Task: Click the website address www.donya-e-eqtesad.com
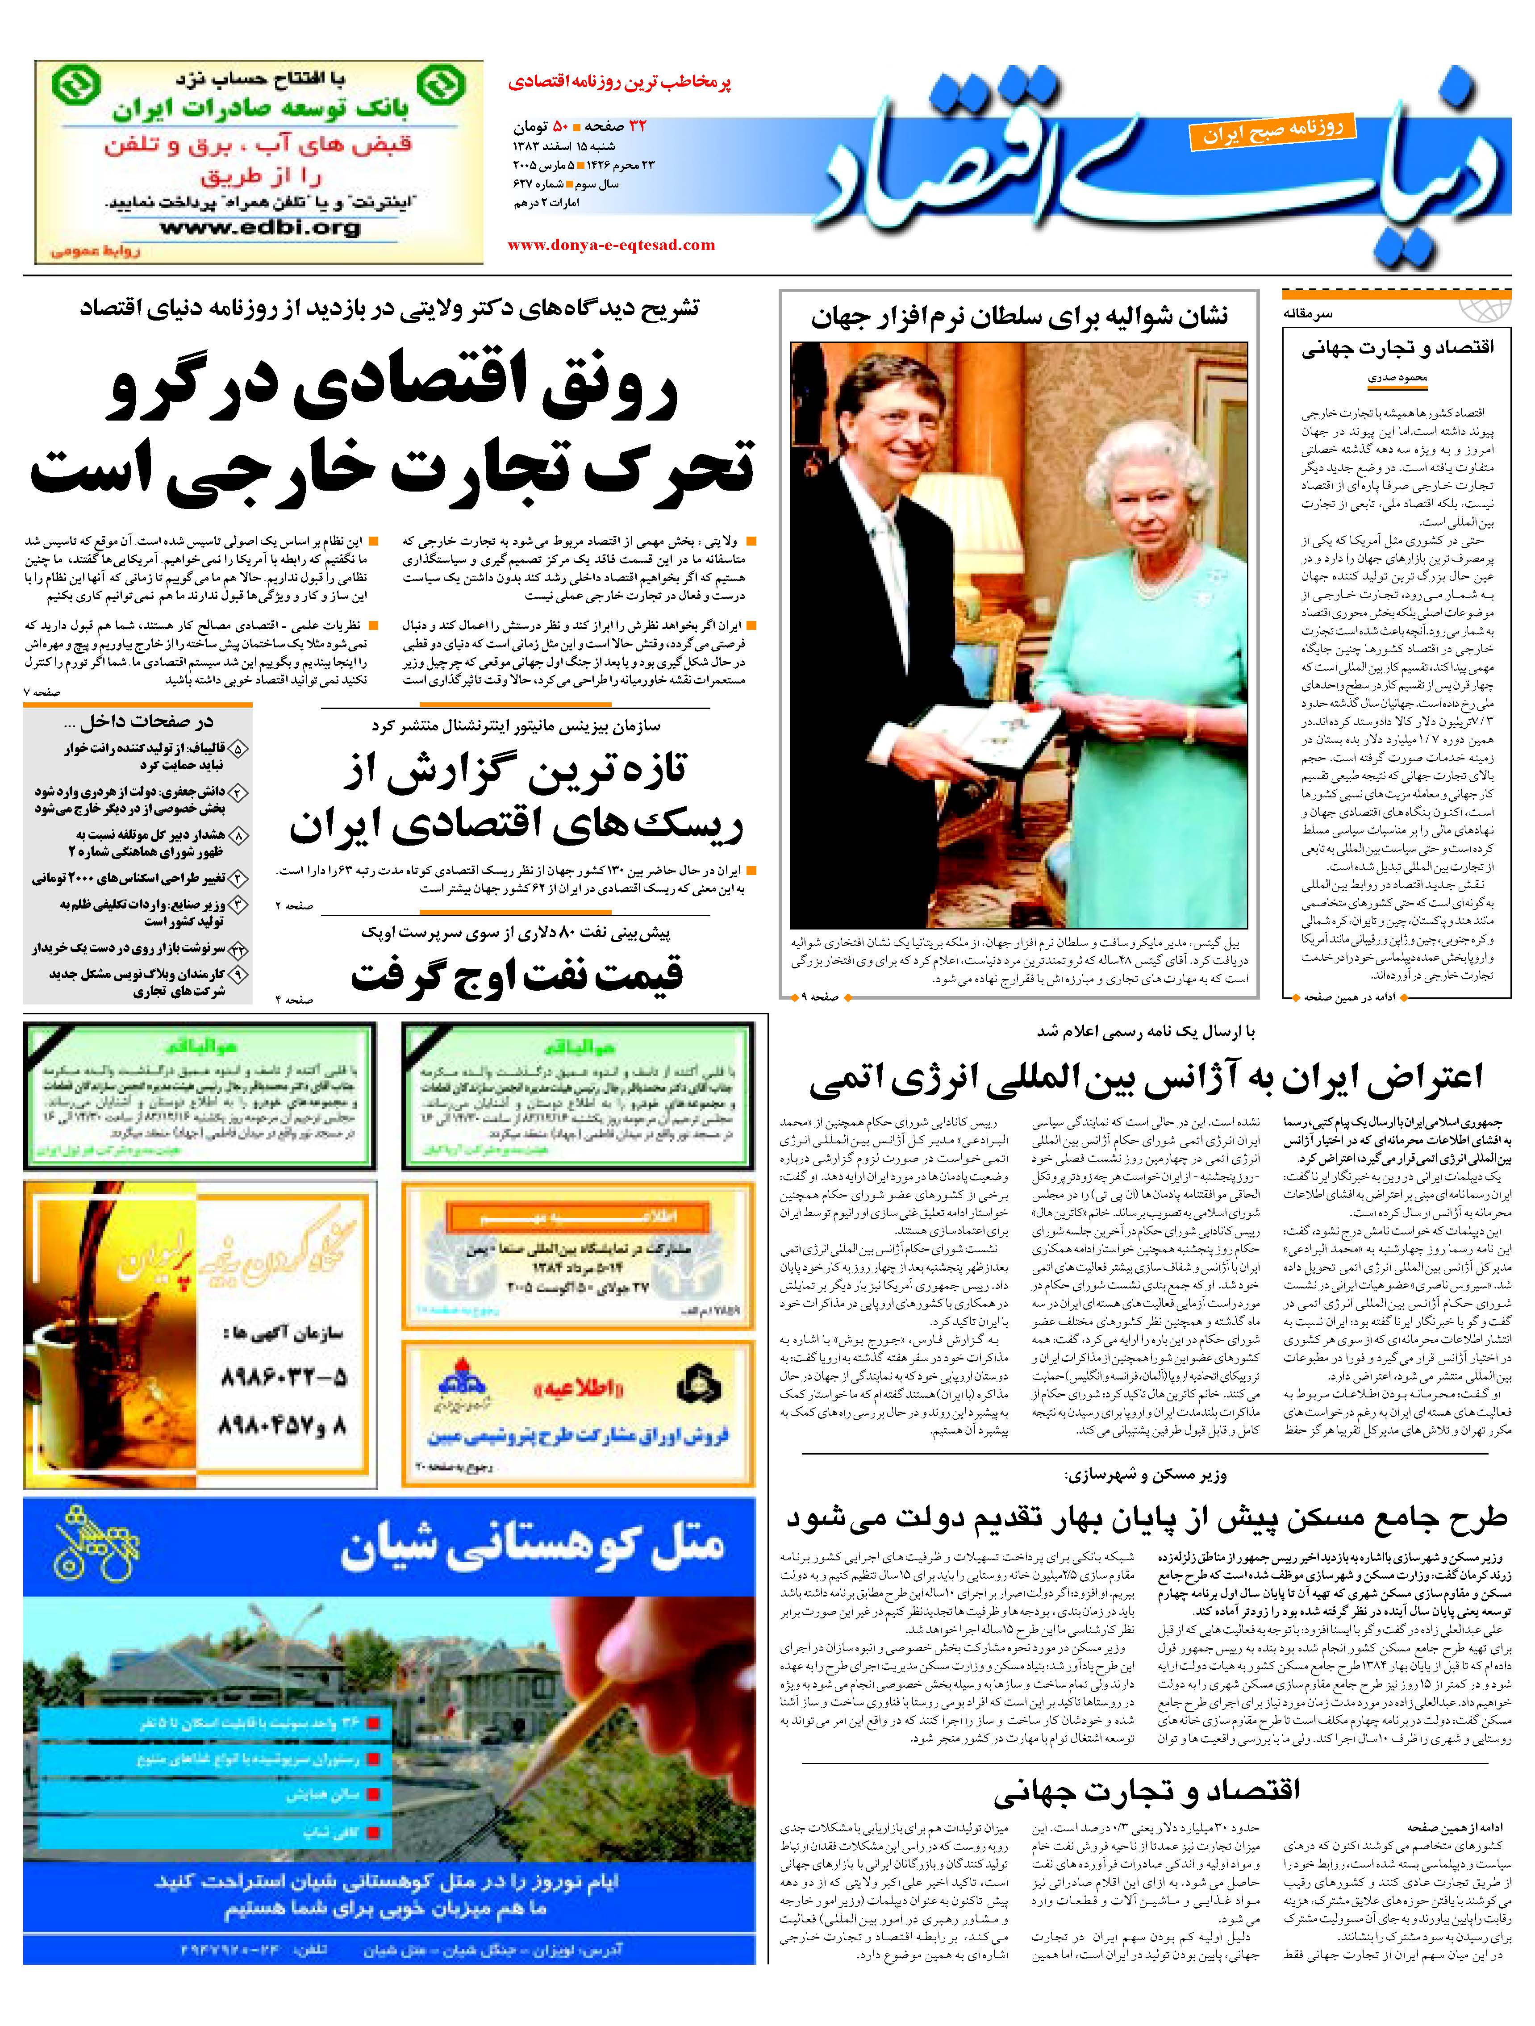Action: point(611,245)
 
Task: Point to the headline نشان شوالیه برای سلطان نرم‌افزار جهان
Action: point(1018,317)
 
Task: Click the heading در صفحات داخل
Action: point(146,722)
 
